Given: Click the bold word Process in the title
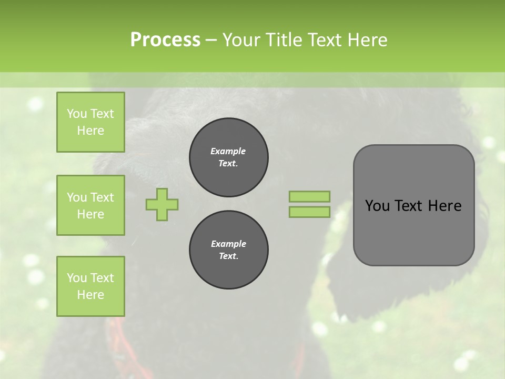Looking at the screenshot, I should pyautogui.click(x=165, y=39).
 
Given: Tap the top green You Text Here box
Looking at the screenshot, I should pyautogui.click(x=90, y=122).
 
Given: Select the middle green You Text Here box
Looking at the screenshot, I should pyautogui.click(x=90, y=205).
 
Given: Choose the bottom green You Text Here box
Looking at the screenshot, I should pyautogui.click(x=90, y=286).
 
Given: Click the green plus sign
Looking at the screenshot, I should pyautogui.click(x=162, y=204).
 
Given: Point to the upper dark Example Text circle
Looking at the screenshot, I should pyautogui.click(x=228, y=157).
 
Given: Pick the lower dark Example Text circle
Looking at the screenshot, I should pyautogui.click(x=228, y=250).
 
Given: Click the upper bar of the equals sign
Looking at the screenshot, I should pyautogui.click(x=309, y=196).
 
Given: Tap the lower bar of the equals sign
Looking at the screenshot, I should pyautogui.click(x=309, y=212).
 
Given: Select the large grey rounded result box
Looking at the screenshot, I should pyautogui.click(x=413, y=205).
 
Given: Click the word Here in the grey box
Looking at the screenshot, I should pyautogui.click(x=445, y=205).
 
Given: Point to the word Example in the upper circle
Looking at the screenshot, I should pyautogui.click(x=228, y=151).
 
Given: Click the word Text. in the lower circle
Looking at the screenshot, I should pyautogui.click(x=228, y=256).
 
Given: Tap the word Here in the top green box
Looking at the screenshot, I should pyautogui.click(x=90, y=131).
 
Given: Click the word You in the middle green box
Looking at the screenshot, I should pyautogui.click(x=77, y=197).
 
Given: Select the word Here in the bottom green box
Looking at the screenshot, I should pyautogui.click(x=90, y=295).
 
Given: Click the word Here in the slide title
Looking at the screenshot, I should pyautogui.click(x=368, y=39).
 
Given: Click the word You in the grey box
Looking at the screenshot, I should pyautogui.click(x=377, y=205).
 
